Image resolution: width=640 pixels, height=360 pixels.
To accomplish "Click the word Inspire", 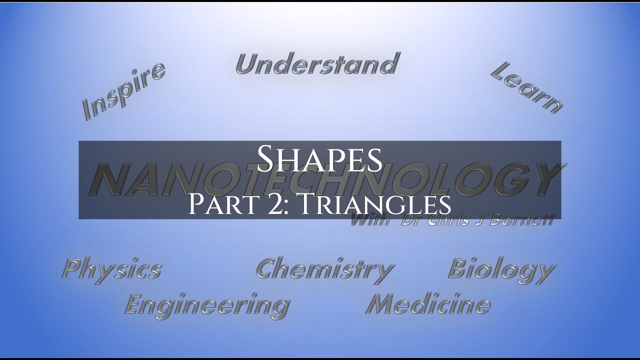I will (x=123, y=91).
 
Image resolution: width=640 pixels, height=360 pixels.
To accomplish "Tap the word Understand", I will (x=317, y=64).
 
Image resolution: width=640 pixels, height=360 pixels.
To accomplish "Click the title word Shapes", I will (x=319, y=158).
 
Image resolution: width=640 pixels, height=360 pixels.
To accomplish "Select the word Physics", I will (x=111, y=269).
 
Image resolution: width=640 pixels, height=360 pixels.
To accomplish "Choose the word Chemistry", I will (x=325, y=270).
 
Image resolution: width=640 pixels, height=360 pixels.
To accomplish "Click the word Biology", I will (x=501, y=270).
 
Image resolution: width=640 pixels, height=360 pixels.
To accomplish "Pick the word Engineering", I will (x=207, y=304).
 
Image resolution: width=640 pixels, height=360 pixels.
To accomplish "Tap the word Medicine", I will (x=428, y=304).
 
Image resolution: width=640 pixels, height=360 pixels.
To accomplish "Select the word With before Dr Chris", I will (x=370, y=220).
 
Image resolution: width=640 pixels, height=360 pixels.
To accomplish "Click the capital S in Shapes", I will (x=267, y=157).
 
